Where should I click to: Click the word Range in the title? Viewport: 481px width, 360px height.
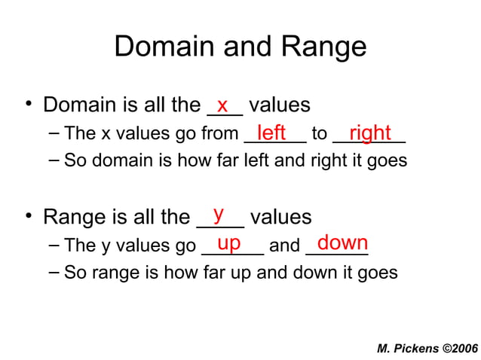pyautogui.click(x=324, y=47)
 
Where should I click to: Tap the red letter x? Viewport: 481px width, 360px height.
pyautogui.click(x=222, y=104)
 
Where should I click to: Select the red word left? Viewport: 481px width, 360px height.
pyautogui.click(x=271, y=133)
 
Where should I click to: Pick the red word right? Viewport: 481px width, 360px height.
pyautogui.click(x=369, y=133)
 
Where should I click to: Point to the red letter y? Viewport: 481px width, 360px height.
pyautogui.click(x=219, y=214)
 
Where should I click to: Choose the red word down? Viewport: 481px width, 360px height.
pyautogui.click(x=342, y=243)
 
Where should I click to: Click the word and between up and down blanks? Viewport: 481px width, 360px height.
pyautogui.click(x=284, y=246)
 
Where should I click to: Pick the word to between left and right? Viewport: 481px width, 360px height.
pyautogui.click(x=320, y=135)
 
